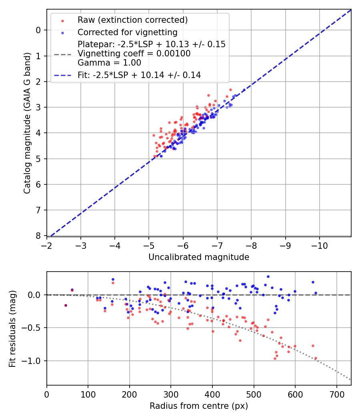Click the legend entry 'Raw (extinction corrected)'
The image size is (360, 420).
pyautogui.click(x=132, y=20)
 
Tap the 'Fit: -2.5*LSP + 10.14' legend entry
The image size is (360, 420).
pyautogui.click(x=139, y=75)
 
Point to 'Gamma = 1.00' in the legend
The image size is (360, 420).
pyautogui.click(x=109, y=62)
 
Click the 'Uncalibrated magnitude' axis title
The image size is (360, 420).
pyautogui.click(x=199, y=257)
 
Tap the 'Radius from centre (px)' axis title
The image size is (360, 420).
pyautogui.click(x=199, y=406)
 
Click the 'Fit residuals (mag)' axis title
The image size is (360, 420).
pyautogui.click(x=12, y=329)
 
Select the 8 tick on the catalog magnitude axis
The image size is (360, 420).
pyautogui.click(x=38, y=236)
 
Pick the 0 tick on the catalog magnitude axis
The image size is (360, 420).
pyautogui.click(x=38, y=30)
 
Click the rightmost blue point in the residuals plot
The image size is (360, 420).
pyautogui.click(x=316, y=293)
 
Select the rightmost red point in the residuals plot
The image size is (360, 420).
pyautogui.click(x=316, y=358)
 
